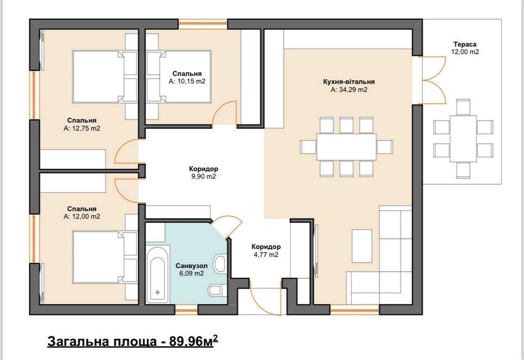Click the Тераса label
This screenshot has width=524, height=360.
pos(465,44)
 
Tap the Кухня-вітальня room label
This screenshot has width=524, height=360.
pos(349,82)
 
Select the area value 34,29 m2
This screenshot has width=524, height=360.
pos(349,90)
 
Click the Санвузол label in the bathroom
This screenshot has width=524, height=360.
pos(191,266)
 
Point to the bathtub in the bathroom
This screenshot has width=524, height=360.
pos(157,275)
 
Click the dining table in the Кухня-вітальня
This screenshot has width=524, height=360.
pos(346,147)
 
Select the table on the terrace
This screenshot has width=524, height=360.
pos(463,139)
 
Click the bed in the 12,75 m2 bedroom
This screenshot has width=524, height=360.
pos(104,77)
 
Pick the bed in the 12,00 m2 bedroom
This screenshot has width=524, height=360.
pos(104,257)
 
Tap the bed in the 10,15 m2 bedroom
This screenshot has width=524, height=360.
pos(179,77)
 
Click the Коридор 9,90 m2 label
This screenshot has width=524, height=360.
pos(203,172)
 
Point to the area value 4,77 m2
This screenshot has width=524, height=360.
pos(266,255)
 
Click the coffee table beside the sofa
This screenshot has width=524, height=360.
pos(362,246)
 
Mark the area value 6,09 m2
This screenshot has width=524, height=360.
pos(191,274)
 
